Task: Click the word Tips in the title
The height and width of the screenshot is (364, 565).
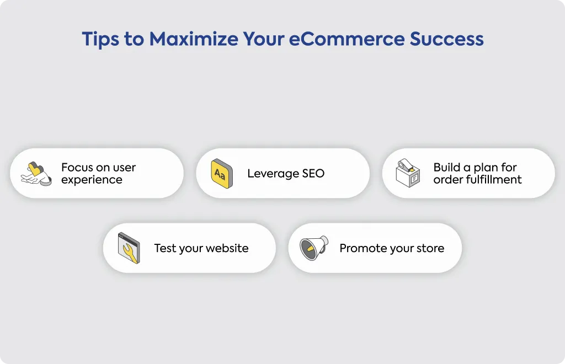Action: click(100, 39)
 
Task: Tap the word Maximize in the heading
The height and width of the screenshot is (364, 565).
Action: click(194, 39)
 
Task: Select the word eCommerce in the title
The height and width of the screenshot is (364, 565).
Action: click(347, 39)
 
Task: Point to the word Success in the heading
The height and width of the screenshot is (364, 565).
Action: click(446, 39)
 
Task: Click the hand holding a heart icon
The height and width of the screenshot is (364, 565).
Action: click(36, 174)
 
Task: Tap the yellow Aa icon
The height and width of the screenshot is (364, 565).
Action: click(222, 174)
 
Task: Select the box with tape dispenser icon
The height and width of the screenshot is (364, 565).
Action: click(408, 173)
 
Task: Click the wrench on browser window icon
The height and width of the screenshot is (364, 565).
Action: click(129, 248)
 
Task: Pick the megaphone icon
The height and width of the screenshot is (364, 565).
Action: click(314, 248)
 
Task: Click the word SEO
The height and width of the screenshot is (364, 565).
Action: click(313, 174)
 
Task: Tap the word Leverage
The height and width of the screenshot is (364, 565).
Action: click(273, 174)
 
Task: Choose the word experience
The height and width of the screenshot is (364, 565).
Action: click(92, 180)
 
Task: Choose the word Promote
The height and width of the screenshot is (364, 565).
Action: click(361, 248)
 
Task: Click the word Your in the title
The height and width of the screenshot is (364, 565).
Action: click(263, 39)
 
